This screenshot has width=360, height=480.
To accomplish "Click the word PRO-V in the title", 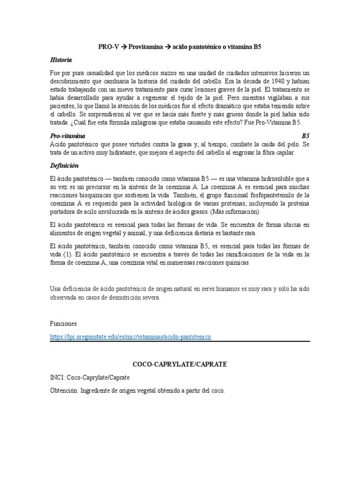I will (x=107, y=47).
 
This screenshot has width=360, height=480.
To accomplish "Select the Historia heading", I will (x=61, y=60).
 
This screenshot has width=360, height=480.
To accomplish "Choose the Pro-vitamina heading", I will (x=67, y=135).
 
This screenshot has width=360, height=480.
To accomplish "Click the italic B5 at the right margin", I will (x=306, y=135).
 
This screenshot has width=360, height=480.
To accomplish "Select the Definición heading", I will (x=64, y=166).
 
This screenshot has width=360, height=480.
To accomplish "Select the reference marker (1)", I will (x=67, y=255).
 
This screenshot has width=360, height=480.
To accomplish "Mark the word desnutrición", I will (x=127, y=297).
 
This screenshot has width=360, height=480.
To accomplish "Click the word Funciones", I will (x=63, y=324).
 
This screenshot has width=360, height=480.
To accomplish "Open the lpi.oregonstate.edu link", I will (x=131, y=337).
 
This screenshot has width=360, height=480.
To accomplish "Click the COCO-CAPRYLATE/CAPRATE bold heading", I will (x=180, y=364).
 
